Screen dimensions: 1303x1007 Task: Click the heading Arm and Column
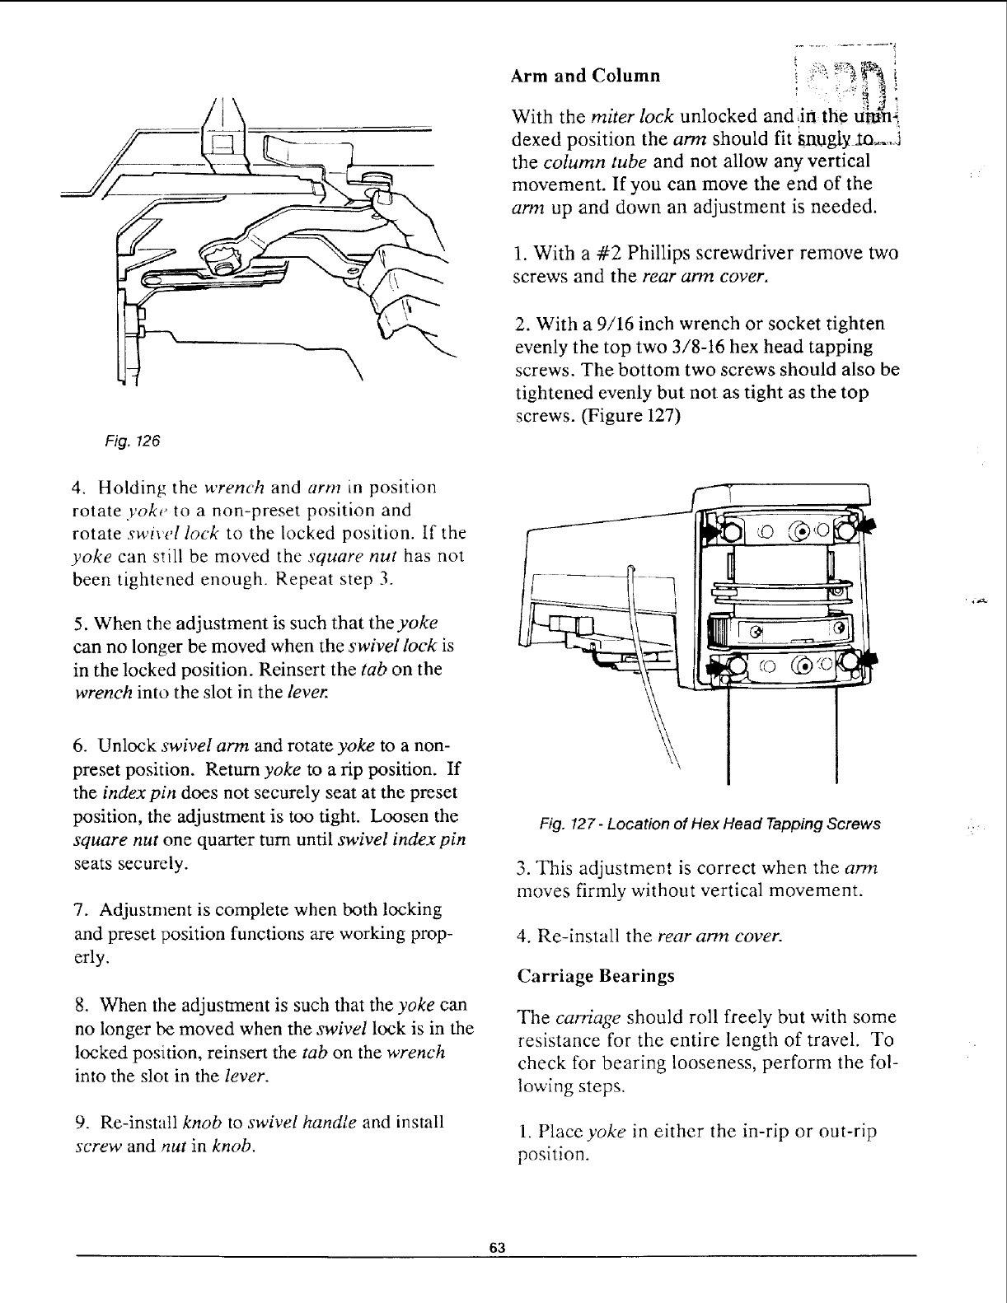(x=585, y=77)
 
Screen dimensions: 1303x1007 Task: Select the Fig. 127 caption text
(x=710, y=824)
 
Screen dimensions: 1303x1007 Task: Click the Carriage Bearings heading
(x=596, y=976)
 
